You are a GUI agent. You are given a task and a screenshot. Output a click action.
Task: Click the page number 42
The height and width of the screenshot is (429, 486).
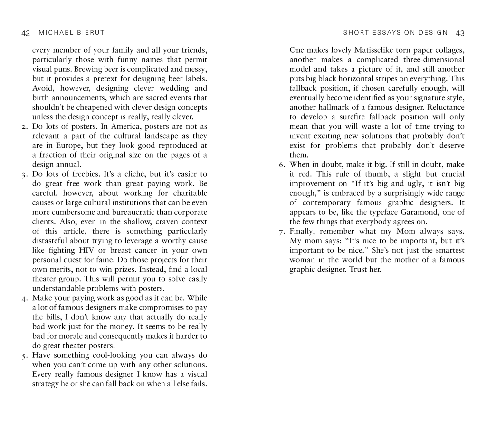(26, 33)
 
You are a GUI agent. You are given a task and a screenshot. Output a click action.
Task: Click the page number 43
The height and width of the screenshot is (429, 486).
(460, 33)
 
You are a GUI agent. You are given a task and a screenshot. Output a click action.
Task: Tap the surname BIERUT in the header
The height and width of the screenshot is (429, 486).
(91, 33)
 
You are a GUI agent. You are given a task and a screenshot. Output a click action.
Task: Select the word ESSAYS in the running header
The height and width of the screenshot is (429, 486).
(387, 33)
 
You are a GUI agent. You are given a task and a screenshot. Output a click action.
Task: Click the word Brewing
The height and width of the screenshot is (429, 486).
(82, 69)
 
